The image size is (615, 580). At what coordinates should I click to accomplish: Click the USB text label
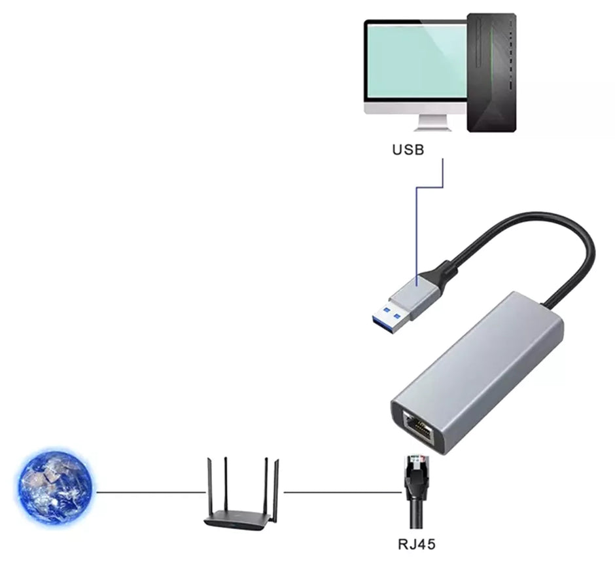coord(408,149)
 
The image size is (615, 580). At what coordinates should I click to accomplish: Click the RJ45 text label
coord(416,544)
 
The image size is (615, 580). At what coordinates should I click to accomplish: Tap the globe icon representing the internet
coord(54,485)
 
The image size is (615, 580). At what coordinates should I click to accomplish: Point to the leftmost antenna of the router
coord(207,484)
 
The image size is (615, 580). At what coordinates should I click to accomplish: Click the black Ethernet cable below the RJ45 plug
coord(416,514)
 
